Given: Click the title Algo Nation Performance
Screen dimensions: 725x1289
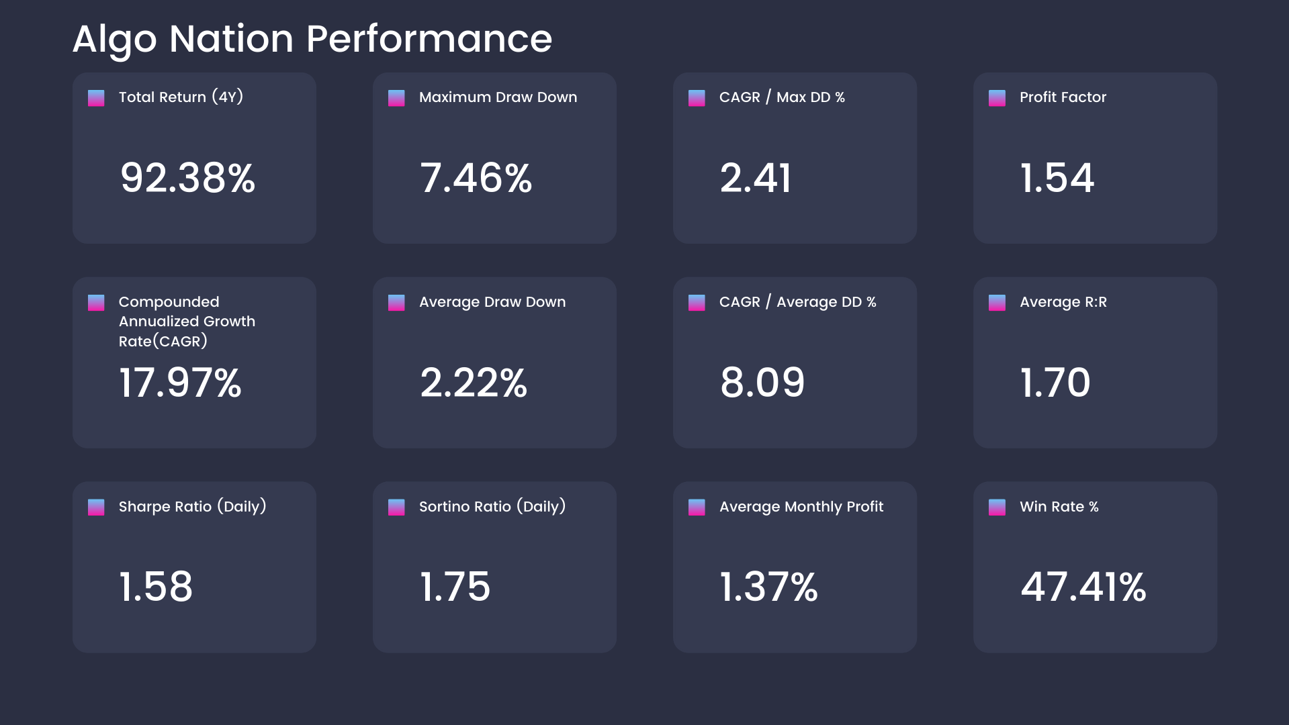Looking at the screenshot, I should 312,39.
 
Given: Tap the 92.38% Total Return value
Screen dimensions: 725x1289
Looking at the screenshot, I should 187,178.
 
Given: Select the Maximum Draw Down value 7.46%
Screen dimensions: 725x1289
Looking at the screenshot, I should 476,178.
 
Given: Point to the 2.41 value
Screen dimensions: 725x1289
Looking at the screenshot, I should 756,178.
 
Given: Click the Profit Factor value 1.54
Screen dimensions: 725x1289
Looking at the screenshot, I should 1057,178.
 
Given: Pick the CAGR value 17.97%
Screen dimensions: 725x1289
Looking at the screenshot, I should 180,383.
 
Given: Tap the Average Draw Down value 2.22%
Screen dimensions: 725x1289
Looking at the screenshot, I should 474,383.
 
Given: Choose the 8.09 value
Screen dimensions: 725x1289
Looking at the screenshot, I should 762,383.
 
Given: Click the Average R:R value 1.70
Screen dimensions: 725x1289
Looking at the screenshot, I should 1055,383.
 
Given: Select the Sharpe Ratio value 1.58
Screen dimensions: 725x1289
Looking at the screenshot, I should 156,587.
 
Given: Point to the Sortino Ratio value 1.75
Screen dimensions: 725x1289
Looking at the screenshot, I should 455,587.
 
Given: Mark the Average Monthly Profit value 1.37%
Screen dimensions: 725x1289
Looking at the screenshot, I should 768,587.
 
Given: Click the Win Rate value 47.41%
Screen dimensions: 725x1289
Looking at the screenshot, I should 1083,587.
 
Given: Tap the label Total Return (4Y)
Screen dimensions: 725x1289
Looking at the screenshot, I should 181,97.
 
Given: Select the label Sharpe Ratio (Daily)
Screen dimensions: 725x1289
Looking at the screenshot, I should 192,507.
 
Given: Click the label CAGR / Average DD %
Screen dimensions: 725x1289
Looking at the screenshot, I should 797,302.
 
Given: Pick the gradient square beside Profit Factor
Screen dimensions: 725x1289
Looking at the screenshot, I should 997,98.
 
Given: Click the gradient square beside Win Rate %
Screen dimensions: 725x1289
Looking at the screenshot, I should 997,507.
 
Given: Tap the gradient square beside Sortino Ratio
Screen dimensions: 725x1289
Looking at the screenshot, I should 396,507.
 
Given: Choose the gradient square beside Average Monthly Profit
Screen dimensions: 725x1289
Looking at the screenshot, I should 697,507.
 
